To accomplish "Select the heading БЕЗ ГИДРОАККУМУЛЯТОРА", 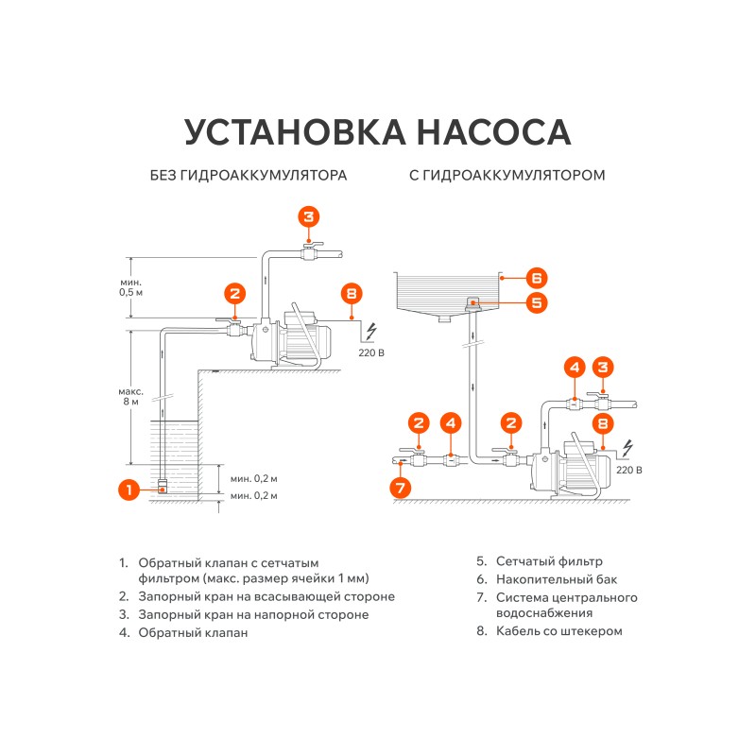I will click(x=249, y=176).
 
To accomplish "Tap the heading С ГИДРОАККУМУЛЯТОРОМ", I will click(x=507, y=176).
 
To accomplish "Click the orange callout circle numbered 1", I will click(x=129, y=489).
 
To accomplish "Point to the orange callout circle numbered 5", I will click(x=536, y=302).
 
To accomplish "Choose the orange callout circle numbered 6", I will click(x=536, y=278).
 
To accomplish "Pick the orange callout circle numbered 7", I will click(x=401, y=488).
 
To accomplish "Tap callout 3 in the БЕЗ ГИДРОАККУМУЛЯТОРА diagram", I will click(x=309, y=216).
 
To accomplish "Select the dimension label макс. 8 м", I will click(x=131, y=396).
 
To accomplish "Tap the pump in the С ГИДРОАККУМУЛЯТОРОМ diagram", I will click(x=566, y=467).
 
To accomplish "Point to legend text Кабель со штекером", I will click(x=559, y=631).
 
